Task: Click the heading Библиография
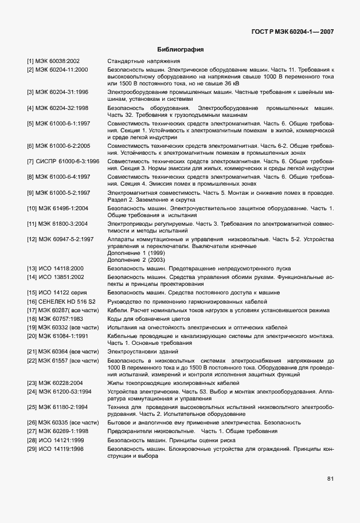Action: point(180,50)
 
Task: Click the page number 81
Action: point(330,478)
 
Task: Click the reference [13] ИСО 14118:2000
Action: point(55,268)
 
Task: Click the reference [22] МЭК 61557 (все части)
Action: point(62,360)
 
